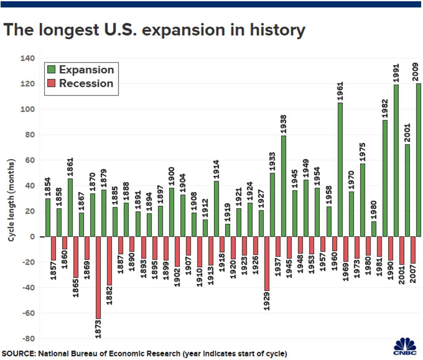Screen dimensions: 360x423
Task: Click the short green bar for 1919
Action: click(228, 230)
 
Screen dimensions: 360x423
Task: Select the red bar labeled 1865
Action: click(75, 257)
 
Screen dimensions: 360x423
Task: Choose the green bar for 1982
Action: click(385, 178)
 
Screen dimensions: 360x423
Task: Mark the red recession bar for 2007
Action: click(412, 250)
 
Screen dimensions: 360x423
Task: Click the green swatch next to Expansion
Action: click(52, 70)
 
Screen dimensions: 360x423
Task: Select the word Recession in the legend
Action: click(86, 83)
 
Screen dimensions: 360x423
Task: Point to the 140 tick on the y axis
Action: click(27, 58)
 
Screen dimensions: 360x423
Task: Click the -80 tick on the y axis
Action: click(27, 338)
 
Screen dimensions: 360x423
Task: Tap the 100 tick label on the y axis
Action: click(27, 109)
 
